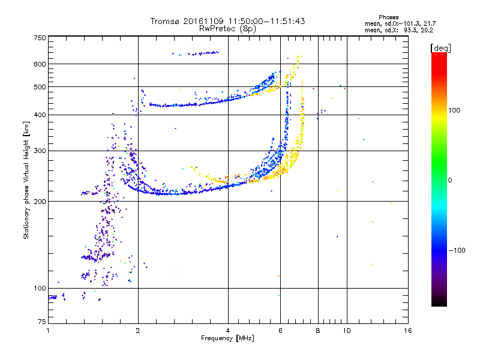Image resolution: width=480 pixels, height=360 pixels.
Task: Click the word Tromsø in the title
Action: (166, 21)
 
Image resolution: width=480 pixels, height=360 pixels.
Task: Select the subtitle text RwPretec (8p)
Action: (227, 29)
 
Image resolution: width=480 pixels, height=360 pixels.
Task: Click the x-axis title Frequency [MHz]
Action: (227, 338)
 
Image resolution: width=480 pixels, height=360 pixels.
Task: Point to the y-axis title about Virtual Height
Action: (26, 181)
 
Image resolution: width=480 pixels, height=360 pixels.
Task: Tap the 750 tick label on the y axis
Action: (40, 38)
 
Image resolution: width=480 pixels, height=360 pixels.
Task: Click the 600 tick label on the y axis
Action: (40, 64)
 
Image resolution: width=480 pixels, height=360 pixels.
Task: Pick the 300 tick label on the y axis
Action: (40, 151)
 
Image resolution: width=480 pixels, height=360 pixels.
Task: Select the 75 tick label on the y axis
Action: (42, 322)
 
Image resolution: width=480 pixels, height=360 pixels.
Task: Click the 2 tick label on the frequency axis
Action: (138, 331)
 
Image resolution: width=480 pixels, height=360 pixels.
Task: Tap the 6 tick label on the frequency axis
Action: (280, 331)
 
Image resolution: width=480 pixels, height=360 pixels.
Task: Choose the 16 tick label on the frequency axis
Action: (408, 331)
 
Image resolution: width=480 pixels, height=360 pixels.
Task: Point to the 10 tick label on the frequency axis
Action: (347, 331)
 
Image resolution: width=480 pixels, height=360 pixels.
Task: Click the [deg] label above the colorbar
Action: (440, 48)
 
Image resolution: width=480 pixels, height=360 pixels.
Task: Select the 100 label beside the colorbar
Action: (454, 110)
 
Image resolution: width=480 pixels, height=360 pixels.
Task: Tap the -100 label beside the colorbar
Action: (457, 250)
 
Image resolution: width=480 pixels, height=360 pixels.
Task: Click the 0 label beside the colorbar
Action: (450, 180)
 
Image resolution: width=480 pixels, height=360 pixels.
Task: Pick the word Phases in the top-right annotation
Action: (388, 17)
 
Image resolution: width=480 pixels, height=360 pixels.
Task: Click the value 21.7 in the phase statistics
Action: (430, 23)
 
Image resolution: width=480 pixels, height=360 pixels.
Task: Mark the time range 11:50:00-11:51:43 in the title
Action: (266, 21)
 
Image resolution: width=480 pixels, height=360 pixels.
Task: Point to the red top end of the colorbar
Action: (439, 53)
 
